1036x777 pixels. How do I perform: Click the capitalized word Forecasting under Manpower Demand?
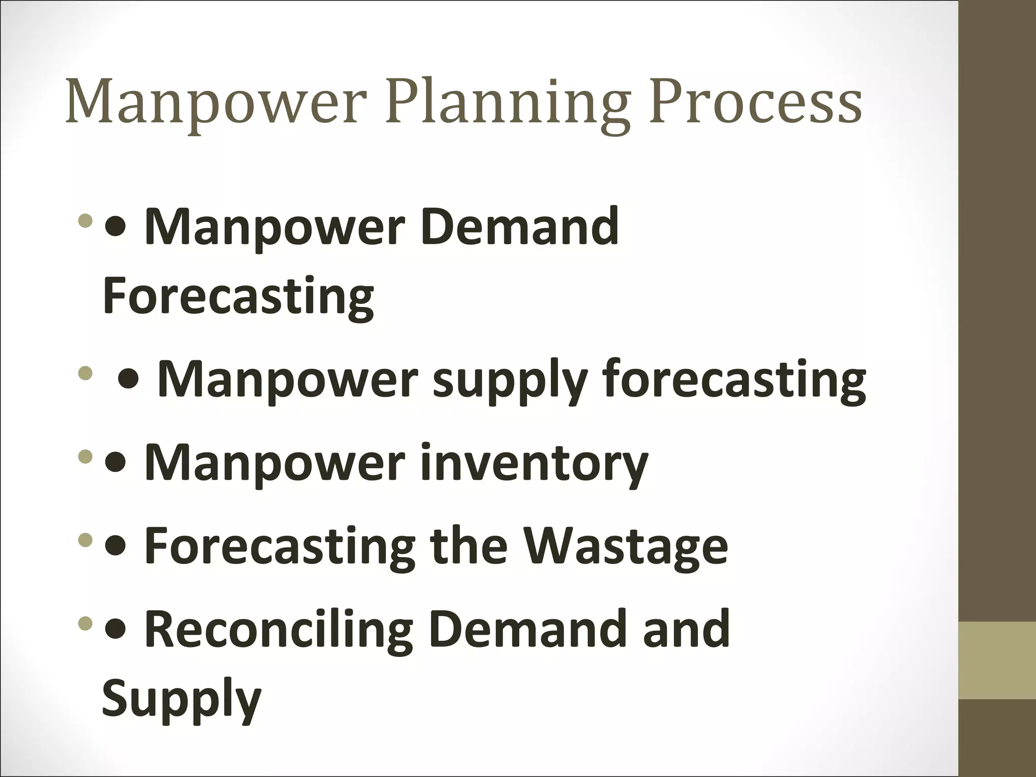coord(238,295)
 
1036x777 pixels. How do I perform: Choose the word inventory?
coord(534,462)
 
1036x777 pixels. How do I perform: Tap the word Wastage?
coord(625,546)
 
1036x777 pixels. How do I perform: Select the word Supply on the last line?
coord(182,699)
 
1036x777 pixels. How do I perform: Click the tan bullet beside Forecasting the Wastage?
coord(86,542)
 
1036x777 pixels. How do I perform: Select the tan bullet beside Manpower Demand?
coord(86,221)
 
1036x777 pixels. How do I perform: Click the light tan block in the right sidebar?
coord(997,660)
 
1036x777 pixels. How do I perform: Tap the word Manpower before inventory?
coord(275,462)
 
